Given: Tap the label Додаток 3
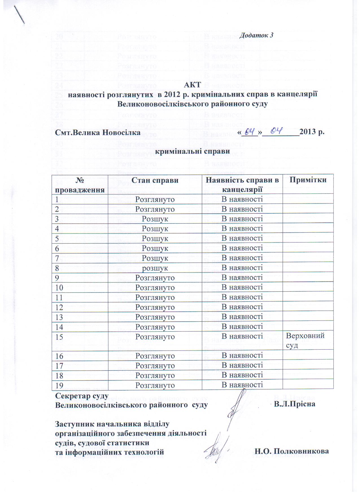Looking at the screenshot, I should [256, 35].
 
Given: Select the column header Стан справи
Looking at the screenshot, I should [155, 180].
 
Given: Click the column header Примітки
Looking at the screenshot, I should [308, 180].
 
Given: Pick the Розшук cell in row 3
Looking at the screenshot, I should [155, 219].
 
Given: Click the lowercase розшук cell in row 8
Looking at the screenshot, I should [155, 268].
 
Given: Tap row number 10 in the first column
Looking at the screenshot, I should [59, 288].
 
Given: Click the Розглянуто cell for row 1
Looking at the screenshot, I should [155, 199].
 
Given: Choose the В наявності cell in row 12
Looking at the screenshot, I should [242, 307].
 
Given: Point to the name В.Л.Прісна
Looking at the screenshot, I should [294, 404].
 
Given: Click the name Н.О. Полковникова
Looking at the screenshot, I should [292, 451].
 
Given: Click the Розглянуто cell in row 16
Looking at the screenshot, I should [155, 356].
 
